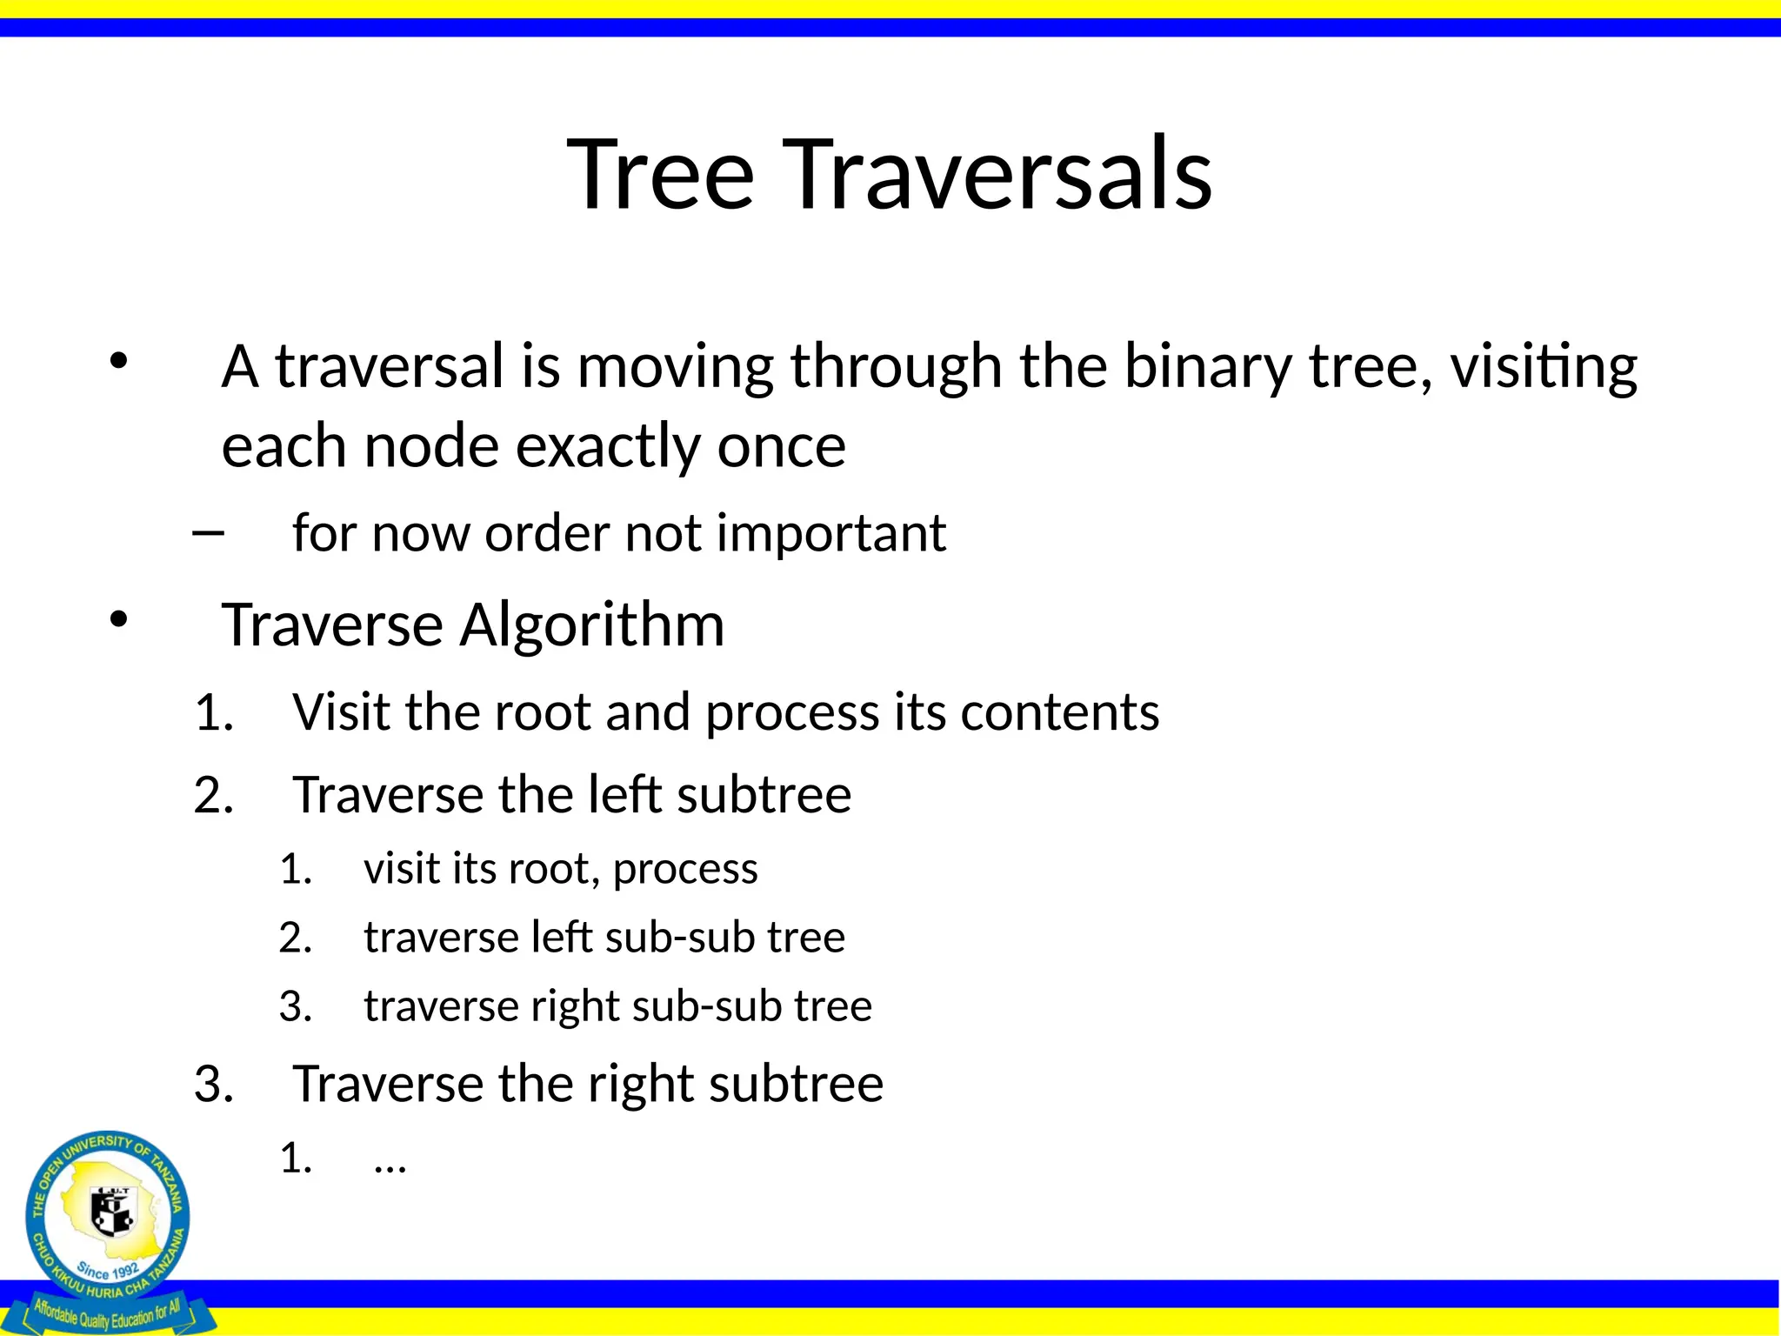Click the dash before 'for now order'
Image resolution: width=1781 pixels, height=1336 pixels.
click(x=208, y=531)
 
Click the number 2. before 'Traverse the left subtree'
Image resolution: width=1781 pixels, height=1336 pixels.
click(x=214, y=795)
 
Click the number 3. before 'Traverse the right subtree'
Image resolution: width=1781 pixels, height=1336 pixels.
click(x=214, y=1085)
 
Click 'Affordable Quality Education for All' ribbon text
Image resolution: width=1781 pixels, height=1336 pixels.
click(x=108, y=1314)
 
